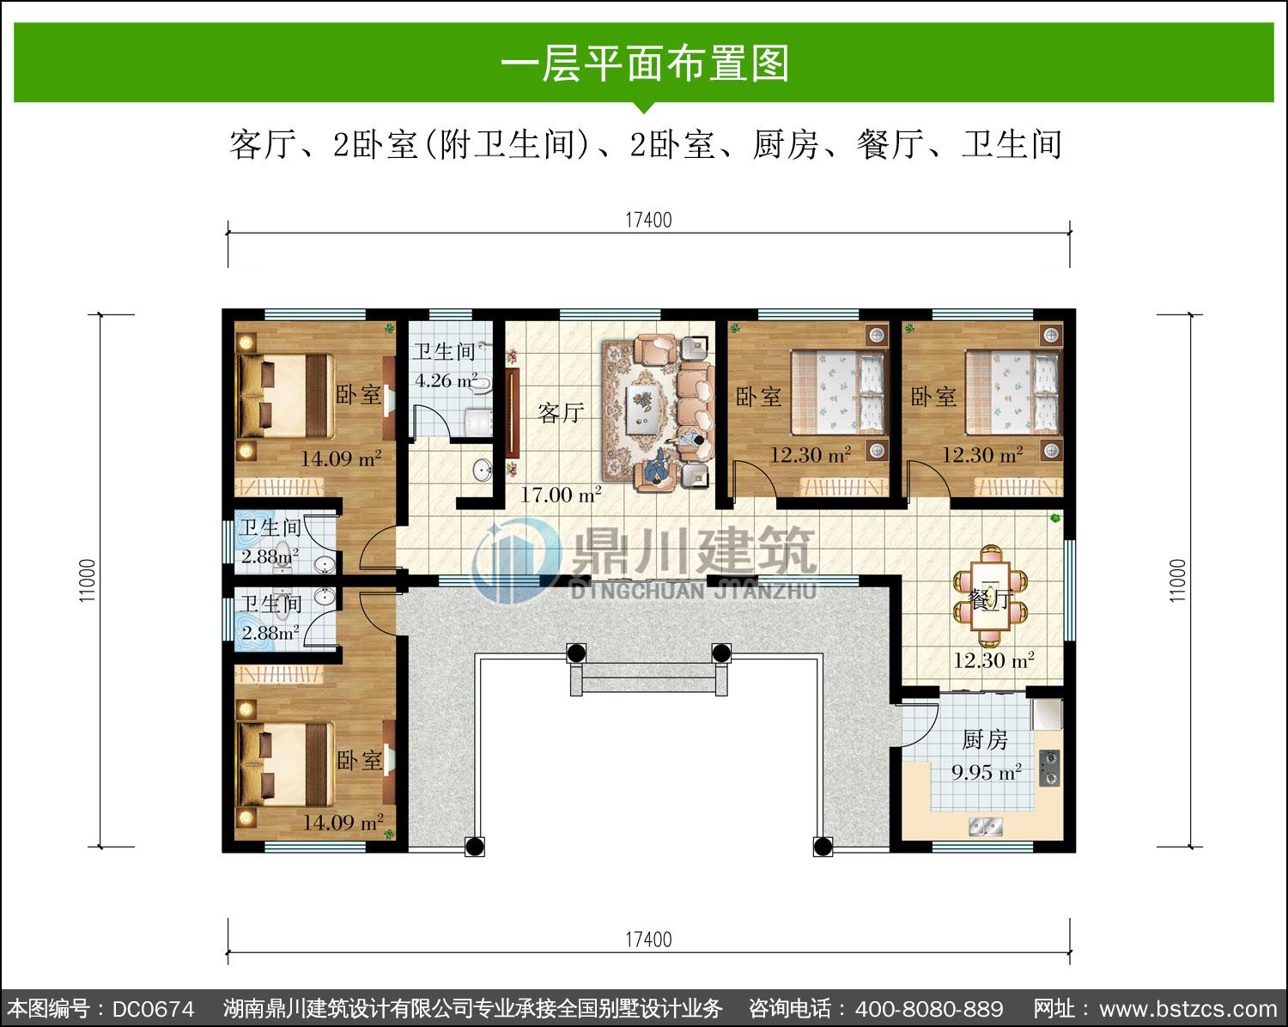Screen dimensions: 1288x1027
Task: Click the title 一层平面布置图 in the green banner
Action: click(644, 64)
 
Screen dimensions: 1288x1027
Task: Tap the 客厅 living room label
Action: click(561, 413)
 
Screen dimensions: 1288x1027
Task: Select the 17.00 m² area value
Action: click(561, 495)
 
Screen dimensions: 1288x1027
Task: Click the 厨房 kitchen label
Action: click(985, 740)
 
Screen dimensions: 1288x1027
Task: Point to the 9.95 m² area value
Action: click(987, 772)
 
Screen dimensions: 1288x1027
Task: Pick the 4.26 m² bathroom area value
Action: click(447, 380)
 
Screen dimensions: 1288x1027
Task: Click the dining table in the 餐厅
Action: click(991, 595)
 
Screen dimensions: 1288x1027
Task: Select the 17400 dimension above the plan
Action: click(649, 220)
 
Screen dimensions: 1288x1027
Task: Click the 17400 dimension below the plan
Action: click(649, 939)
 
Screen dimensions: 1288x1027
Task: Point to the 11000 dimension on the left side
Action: click(88, 580)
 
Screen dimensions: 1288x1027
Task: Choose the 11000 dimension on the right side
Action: click(1177, 580)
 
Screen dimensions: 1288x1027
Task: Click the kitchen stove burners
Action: click(1050, 769)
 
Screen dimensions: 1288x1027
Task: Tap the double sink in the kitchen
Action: click(986, 827)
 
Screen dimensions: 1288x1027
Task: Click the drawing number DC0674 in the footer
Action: click(153, 1009)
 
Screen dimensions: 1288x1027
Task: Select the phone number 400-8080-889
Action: click(929, 1009)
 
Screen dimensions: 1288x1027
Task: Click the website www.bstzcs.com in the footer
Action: click(1188, 1009)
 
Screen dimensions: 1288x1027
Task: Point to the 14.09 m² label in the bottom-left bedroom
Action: click(343, 823)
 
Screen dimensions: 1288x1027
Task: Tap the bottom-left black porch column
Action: click(475, 847)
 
